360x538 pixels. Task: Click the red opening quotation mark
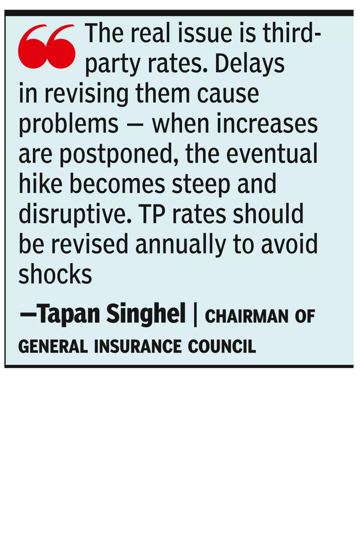click(x=47, y=47)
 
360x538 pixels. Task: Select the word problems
click(x=68, y=125)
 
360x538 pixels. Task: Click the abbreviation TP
click(x=149, y=214)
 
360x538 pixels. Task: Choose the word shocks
click(x=55, y=275)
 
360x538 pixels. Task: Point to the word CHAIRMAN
click(x=246, y=317)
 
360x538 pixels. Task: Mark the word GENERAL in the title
click(x=53, y=346)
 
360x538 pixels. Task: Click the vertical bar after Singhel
click(x=195, y=315)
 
